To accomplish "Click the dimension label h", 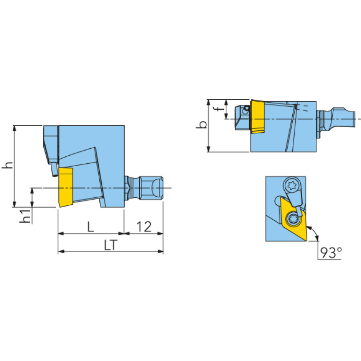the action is pos(8,165).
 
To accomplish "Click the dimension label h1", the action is pos(25,216).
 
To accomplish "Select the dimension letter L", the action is pos(91,226).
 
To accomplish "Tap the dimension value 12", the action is pos(144,226).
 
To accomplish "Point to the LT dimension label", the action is pos(111,245).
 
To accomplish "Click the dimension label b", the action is pos(202,125).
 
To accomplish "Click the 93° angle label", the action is pos(331,253).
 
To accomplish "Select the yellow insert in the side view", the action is pos(66,187).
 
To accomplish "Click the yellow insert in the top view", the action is pos(257,117).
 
